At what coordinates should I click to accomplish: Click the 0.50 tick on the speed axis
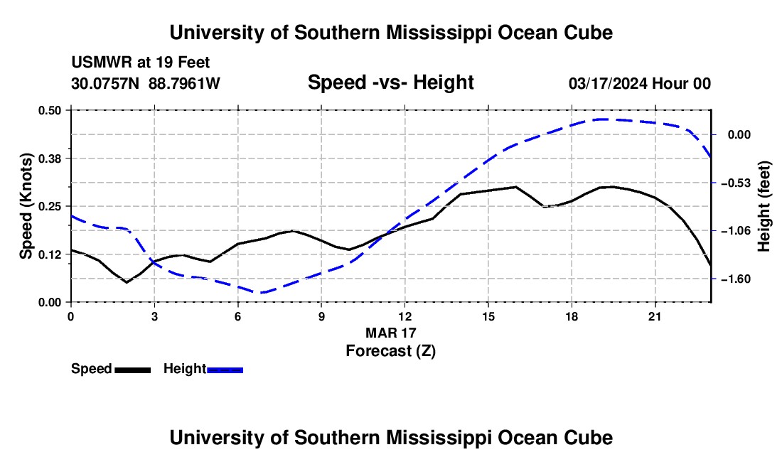point(50,110)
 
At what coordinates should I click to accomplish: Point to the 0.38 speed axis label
point(50,159)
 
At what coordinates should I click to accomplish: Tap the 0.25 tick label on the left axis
point(50,206)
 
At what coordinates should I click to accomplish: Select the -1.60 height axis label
point(736,279)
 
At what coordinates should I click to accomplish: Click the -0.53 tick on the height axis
point(736,183)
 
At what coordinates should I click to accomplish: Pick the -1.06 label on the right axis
point(736,231)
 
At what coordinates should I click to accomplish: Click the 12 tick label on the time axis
point(405,316)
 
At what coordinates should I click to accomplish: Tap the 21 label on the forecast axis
point(655,316)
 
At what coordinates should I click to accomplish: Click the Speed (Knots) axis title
point(26,206)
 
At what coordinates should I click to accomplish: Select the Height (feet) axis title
point(764,206)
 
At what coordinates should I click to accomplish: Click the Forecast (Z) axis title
point(391,351)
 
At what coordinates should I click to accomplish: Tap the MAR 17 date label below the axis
point(391,333)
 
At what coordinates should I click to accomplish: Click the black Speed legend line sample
point(133,370)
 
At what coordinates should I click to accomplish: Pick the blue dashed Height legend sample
point(225,370)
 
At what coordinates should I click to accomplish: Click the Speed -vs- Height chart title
point(391,82)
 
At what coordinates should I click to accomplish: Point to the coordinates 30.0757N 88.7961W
point(146,83)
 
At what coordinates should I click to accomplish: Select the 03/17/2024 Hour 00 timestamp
point(640,83)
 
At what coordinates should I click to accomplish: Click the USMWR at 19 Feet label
point(141,63)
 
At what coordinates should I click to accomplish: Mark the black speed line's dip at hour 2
point(127,282)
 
